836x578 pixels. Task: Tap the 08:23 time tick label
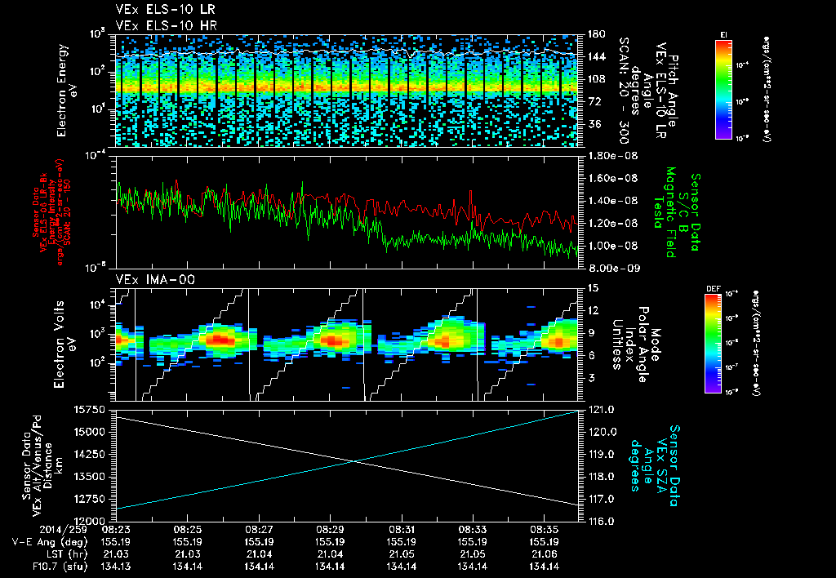pos(117,529)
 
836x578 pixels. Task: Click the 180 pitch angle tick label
pos(594,34)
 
